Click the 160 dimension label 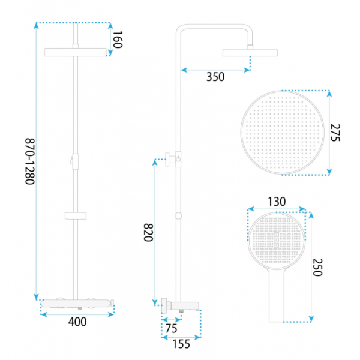118,40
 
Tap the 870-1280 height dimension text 30,161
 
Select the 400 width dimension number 77,322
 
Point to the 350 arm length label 215,77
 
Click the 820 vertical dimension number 148,232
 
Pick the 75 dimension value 171,329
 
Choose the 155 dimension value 181,344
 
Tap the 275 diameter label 335,133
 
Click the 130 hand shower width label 277,202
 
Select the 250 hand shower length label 318,267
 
